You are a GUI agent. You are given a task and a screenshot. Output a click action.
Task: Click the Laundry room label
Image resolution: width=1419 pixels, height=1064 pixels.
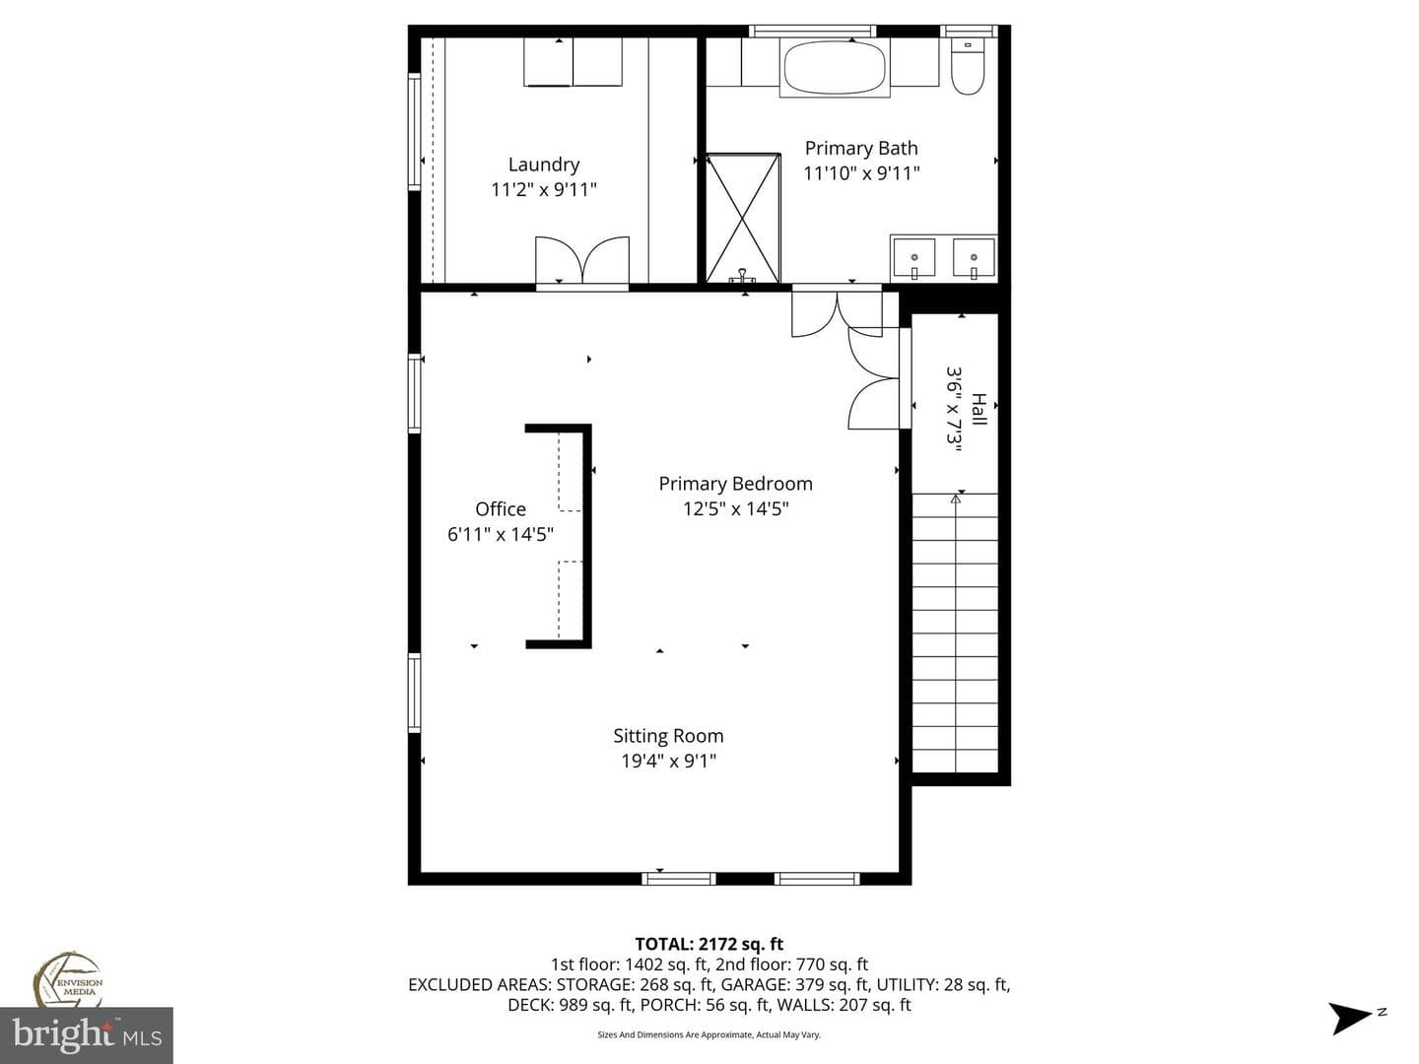[544, 165]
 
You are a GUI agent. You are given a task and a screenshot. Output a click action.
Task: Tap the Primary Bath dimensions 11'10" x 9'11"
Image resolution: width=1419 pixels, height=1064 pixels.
[861, 173]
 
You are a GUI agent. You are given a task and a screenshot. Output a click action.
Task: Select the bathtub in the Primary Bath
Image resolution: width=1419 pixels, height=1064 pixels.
[834, 68]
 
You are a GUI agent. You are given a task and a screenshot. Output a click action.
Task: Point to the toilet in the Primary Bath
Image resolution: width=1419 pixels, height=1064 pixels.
[968, 66]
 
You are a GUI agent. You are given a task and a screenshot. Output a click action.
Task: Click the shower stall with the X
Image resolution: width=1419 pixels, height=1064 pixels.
[743, 218]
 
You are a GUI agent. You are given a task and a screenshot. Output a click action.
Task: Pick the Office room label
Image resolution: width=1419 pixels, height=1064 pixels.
[501, 509]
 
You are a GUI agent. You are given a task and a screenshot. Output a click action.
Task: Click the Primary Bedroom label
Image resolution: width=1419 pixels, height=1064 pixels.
[736, 484]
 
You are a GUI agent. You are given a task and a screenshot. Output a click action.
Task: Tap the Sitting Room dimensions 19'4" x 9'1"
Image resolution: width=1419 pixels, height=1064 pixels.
[668, 761]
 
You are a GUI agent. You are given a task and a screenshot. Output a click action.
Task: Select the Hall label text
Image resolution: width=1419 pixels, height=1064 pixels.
[980, 409]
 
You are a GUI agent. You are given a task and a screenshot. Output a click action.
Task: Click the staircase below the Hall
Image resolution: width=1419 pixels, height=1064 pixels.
[955, 632]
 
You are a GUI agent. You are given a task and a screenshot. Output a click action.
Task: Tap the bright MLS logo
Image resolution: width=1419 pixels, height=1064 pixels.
[87, 1035]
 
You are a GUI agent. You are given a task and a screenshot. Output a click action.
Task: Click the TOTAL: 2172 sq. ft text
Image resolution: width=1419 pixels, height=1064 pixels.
[709, 945]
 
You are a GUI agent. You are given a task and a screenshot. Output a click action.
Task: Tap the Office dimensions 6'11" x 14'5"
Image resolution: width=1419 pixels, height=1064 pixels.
[501, 535]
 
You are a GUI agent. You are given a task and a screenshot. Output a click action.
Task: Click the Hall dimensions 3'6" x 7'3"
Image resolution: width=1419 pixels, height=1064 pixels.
[954, 409]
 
